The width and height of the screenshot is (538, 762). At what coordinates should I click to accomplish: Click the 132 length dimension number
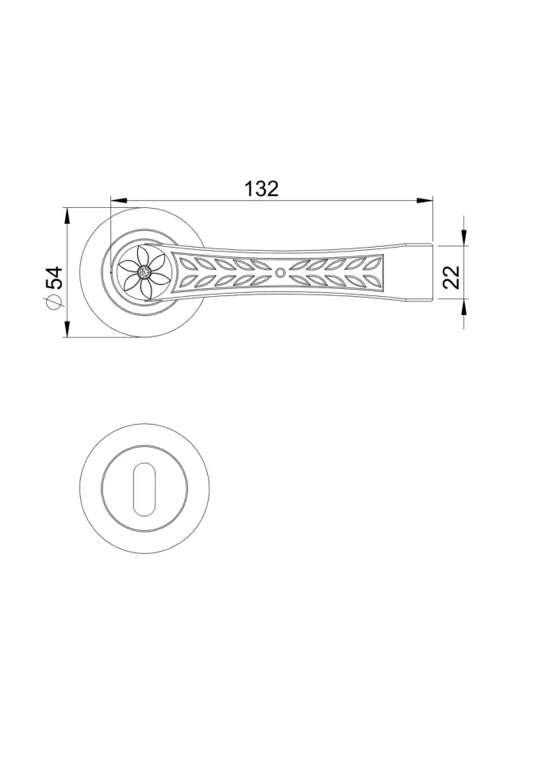(x=261, y=189)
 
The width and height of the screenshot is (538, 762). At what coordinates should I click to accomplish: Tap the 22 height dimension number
(x=452, y=277)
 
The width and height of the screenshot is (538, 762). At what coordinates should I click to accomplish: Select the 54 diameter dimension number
(x=55, y=279)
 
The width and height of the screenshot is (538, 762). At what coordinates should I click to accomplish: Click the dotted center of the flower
(x=144, y=272)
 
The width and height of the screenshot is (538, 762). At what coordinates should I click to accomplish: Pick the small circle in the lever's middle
(x=280, y=272)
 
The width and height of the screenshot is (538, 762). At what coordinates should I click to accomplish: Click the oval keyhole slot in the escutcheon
(x=144, y=488)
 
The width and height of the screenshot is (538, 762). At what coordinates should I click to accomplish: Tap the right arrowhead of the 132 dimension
(x=425, y=200)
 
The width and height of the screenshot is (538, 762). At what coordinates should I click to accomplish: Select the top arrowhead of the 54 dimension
(x=67, y=216)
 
